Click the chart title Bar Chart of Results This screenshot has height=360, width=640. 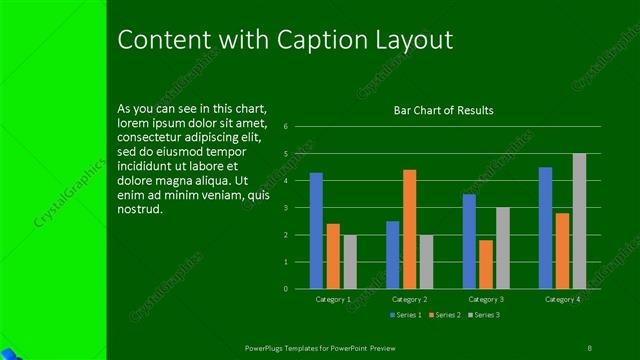click(x=443, y=110)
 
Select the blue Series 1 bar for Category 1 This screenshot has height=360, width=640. click(x=316, y=230)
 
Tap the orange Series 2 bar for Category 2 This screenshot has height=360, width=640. click(x=409, y=229)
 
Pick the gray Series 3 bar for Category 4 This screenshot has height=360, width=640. click(x=579, y=221)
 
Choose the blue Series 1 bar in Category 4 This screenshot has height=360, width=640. click(x=545, y=227)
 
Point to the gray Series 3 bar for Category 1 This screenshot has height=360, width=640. click(x=350, y=262)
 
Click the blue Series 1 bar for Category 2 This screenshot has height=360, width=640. click(x=392, y=254)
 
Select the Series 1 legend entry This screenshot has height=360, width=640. click(x=404, y=315)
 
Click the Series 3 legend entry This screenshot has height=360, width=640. click(x=484, y=315)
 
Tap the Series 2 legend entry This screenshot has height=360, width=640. click(x=444, y=315)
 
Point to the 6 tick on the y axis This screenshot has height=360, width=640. click(x=286, y=127)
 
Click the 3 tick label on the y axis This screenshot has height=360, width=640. click(x=286, y=208)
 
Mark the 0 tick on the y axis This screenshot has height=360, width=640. click(x=286, y=289)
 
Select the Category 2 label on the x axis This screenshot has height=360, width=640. click(x=409, y=299)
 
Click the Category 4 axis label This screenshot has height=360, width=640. click(x=562, y=299)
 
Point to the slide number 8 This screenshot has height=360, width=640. click(x=589, y=346)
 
